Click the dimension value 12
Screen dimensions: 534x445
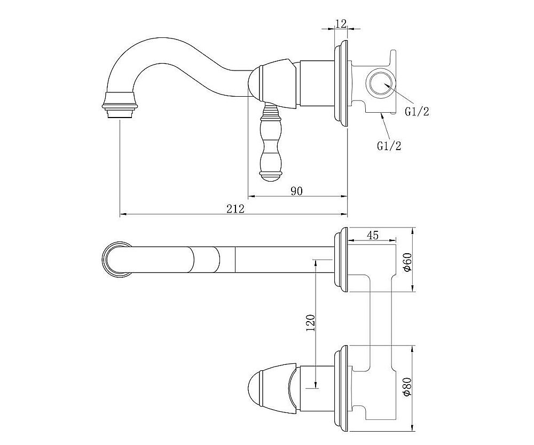click(341, 24)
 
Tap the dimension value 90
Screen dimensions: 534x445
click(296, 191)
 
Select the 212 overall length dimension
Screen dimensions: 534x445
click(235, 209)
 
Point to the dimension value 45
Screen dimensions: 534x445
click(373, 235)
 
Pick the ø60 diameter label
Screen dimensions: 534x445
click(407, 262)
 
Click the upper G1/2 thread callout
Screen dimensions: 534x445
click(417, 112)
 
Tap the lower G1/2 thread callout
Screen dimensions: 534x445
click(389, 146)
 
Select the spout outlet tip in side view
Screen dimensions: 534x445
click(119, 106)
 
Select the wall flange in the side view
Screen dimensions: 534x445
click(341, 85)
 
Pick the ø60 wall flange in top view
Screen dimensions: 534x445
click(341, 260)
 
